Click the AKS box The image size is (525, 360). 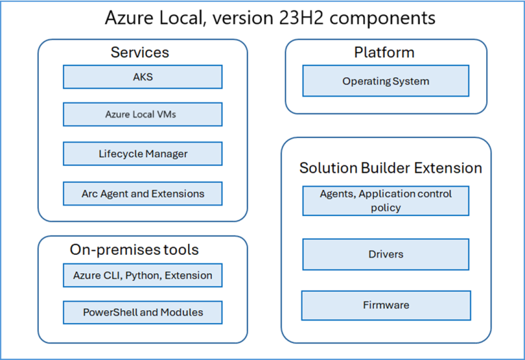point(142,77)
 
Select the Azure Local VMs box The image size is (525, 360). point(142,115)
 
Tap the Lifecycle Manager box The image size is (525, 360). point(142,154)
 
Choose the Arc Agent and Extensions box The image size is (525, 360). point(142,193)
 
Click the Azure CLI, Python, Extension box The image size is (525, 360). point(142,275)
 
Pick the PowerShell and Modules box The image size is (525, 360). point(142,312)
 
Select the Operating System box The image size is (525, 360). point(386,81)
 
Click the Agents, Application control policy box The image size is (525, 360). point(386,201)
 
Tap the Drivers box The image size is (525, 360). point(386,254)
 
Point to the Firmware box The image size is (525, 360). point(386,305)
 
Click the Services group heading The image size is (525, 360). point(139,53)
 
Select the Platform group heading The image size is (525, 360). point(383,53)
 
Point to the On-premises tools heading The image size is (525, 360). point(134,250)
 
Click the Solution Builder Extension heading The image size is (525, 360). point(390,168)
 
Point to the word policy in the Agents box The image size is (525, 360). point(386,208)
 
